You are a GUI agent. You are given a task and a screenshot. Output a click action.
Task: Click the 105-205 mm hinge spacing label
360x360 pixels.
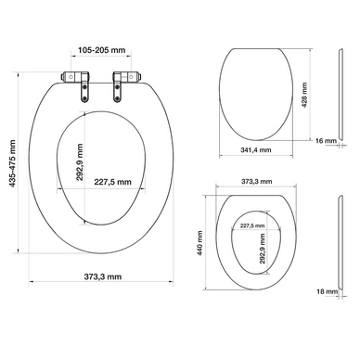pos(101,50)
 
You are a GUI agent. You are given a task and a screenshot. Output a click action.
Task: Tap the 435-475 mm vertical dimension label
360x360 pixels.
pos(12,163)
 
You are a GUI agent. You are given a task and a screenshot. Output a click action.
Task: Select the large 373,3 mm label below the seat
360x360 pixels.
pos(103,276)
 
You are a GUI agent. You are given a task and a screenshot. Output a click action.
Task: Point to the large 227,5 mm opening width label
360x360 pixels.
pos(112,182)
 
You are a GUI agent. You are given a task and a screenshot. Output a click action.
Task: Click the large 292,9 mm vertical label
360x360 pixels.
pos(80,162)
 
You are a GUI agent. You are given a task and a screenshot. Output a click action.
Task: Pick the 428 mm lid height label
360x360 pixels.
pos(304,95)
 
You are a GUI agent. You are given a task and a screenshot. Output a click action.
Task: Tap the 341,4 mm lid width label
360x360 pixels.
pos(256,150)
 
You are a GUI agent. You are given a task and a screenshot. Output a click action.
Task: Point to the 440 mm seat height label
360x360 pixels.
pos(199,243)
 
